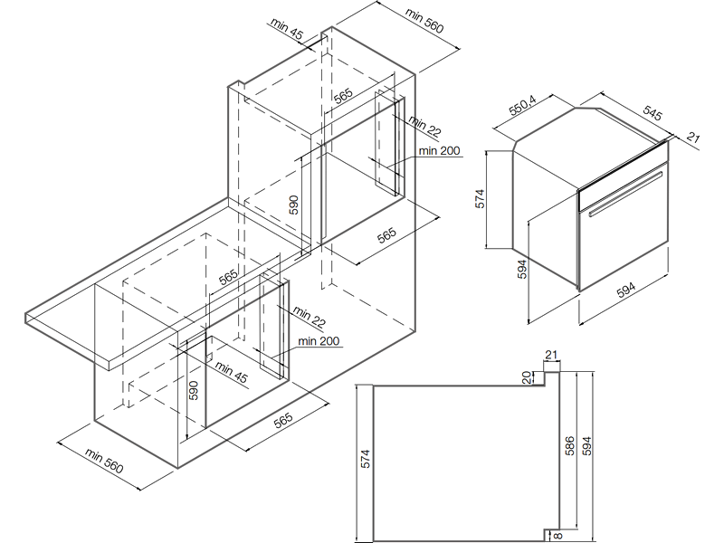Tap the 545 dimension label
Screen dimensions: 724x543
[653, 112]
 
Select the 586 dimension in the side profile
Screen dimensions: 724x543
[570, 446]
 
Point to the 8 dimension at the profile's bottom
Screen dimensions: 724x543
[557, 536]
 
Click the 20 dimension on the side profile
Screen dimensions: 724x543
[527, 377]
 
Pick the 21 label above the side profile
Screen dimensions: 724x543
[551, 355]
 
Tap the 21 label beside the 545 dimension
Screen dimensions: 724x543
[693, 138]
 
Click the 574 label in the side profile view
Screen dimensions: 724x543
[366, 459]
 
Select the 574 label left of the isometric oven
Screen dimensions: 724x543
[481, 198]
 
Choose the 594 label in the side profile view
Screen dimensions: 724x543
[586, 446]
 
